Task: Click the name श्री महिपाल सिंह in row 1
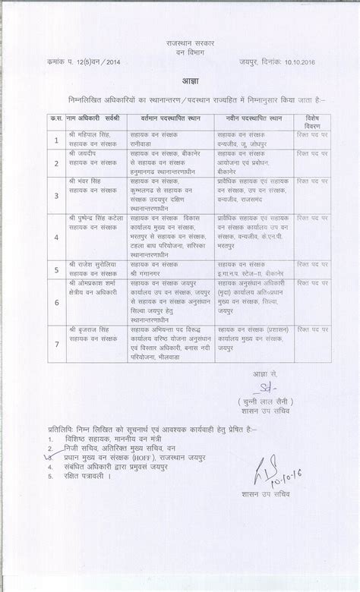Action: click(89, 132)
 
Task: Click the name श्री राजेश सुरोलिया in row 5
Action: click(95, 263)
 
